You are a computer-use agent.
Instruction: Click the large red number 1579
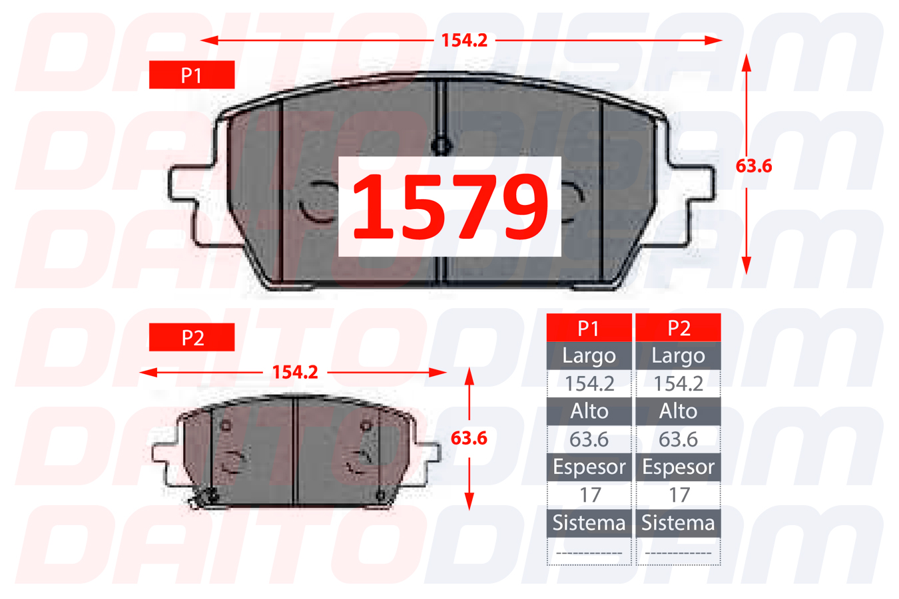coord(450,206)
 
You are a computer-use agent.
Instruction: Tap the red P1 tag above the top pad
coord(192,75)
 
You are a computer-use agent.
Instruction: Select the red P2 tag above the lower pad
coord(192,337)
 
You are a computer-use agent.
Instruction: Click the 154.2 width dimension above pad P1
coord(464,40)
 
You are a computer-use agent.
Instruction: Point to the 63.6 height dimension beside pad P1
coord(754,166)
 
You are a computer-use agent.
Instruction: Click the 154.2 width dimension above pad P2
coord(295,372)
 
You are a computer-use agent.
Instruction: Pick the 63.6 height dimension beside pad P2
coord(469,438)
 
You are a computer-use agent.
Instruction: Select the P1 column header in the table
coord(589,327)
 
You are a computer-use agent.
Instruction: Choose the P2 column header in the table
coord(679,327)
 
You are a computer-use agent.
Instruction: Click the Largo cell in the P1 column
coord(589,356)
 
